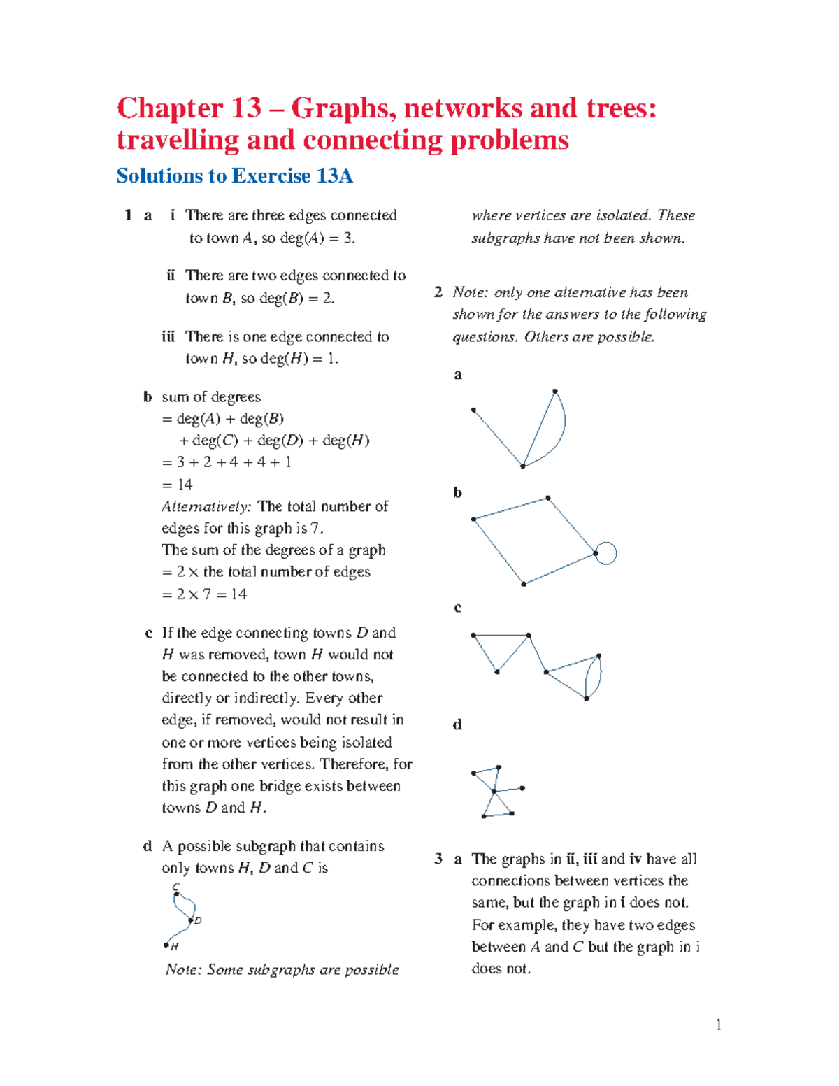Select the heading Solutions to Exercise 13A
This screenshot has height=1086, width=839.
click(234, 176)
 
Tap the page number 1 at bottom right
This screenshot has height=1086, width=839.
click(718, 1024)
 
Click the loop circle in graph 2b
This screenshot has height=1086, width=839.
click(607, 553)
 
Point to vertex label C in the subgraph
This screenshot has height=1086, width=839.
click(175, 887)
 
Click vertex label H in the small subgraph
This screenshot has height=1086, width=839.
click(175, 946)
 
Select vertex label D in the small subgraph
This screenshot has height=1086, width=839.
click(198, 921)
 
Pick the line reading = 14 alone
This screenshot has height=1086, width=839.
click(178, 484)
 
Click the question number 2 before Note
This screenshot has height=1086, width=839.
click(438, 292)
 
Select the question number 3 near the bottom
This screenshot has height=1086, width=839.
click(438, 859)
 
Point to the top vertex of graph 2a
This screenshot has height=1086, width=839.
click(554, 391)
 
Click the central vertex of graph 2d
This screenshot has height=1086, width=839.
click(494, 791)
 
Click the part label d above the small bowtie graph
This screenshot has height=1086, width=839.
click(457, 724)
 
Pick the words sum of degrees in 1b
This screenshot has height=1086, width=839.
click(211, 397)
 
